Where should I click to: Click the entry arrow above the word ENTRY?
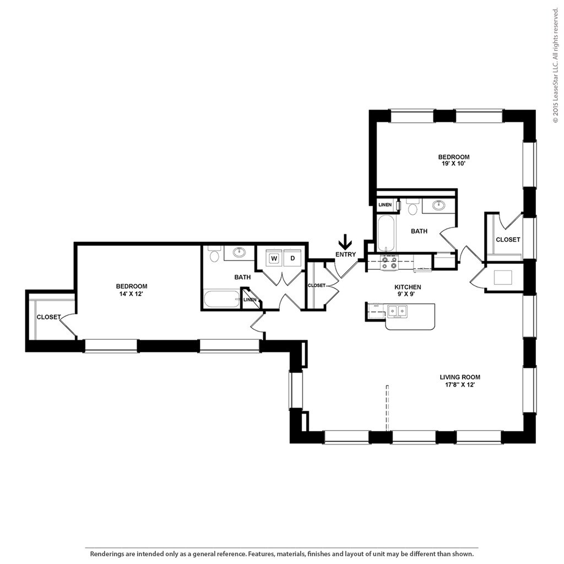click(x=345, y=242)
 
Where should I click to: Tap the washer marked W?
click(x=274, y=258)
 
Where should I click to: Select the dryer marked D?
click(x=292, y=258)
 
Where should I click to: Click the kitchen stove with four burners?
click(x=389, y=262)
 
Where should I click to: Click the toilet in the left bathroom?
click(x=214, y=254)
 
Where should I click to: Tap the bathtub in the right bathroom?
click(x=386, y=233)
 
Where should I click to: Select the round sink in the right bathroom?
click(x=438, y=205)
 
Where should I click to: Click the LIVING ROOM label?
click(x=460, y=377)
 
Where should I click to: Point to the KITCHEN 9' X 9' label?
click(x=408, y=290)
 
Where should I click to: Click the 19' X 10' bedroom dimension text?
click(x=454, y=164)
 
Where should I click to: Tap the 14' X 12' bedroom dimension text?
click(x=131, y=293)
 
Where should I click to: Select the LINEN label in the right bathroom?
click(x=385, y=205)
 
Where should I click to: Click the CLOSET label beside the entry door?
click(x=317, y=285)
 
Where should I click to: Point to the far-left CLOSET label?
click(x=48, y=317)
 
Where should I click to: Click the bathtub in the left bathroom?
click(x=221, y=299)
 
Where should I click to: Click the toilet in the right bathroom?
click(x=412, y=207)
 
